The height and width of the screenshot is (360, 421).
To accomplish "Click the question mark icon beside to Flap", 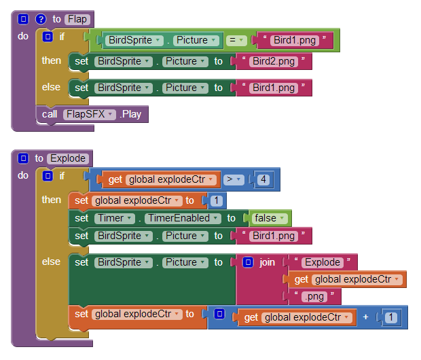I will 40,19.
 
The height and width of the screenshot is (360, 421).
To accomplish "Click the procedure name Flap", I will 77,19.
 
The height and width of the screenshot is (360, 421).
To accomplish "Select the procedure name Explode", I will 68,158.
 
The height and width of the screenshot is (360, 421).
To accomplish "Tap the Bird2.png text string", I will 274,61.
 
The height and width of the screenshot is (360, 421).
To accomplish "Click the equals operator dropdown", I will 237,40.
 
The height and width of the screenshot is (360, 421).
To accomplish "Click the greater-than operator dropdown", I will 234,179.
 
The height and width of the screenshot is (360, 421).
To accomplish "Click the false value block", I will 269,218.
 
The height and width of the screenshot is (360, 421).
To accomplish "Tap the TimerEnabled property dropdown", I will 182,218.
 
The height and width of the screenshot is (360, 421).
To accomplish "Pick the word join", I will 268,262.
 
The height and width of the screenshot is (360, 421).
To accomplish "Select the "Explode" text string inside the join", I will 322,262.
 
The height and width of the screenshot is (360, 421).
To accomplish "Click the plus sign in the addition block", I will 365,317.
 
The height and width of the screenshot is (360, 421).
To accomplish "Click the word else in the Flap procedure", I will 51,87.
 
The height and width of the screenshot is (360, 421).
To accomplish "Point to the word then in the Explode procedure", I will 51,200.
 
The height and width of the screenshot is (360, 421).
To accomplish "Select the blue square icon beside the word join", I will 248,262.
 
